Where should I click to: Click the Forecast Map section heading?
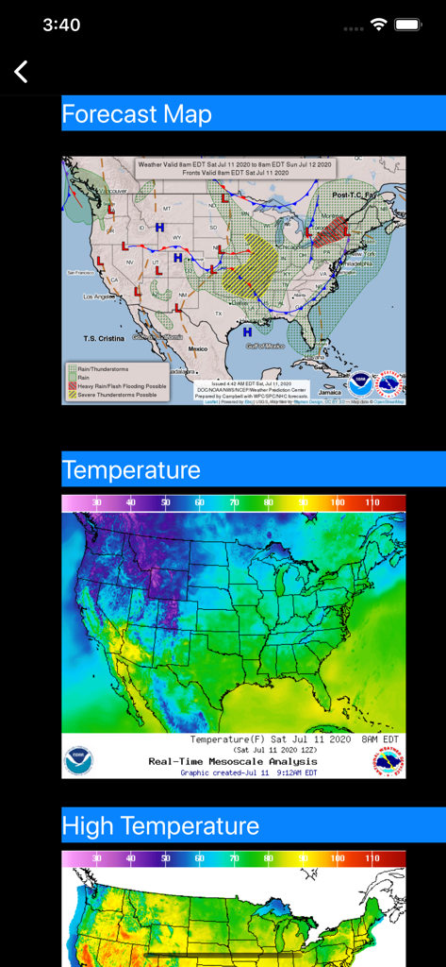point(137,114)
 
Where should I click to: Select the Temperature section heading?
point(131,469)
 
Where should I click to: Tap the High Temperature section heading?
point(160,826)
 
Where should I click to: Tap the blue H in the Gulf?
point(247,331)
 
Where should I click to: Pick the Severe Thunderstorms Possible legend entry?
point(118,395)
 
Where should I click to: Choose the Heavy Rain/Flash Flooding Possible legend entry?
point(122,386)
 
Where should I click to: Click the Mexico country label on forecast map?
point(198,349)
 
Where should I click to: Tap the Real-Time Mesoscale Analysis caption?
point(232,761)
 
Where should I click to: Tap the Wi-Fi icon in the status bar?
point(378,25)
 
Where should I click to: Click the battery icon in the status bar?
point(407,25)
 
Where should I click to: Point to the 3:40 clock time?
point(61,25)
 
